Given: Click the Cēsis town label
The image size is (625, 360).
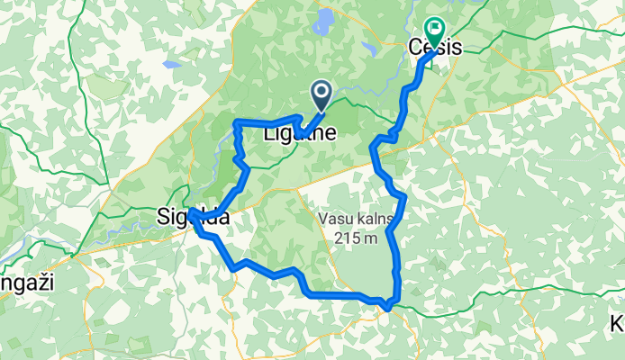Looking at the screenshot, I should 436,49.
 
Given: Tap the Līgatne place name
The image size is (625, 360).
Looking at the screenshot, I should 300,134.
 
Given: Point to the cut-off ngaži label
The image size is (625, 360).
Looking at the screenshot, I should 27,282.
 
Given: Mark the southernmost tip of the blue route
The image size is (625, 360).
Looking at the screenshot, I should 387,309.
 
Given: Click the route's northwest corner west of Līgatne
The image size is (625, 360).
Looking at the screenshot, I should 236,121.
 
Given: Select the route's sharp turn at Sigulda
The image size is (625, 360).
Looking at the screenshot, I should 192,211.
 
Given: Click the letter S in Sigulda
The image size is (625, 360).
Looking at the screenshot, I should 163,218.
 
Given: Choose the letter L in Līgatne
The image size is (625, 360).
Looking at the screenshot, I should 267,134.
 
